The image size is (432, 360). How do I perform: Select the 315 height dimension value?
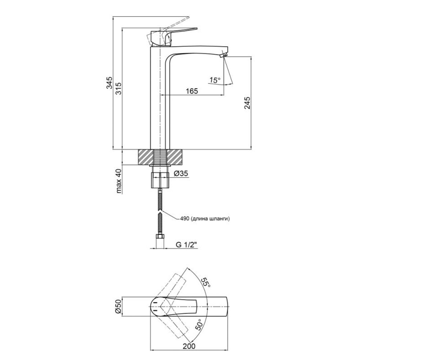click(x=118, y=88)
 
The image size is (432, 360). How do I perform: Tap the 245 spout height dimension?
click(x=247, y=103)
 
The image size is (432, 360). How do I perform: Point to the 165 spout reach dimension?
click(x=192, y=91)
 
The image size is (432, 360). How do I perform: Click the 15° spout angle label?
click(x=215, y=80)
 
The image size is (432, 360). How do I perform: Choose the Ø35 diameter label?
click(x=181, y=173)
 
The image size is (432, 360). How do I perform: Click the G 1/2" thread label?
click(x=186, y=245)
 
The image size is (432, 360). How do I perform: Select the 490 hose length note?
click(x=204, y=219)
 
